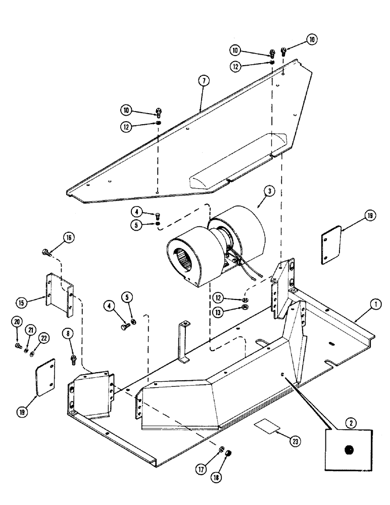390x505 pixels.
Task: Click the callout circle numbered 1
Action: pos(377,305)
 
